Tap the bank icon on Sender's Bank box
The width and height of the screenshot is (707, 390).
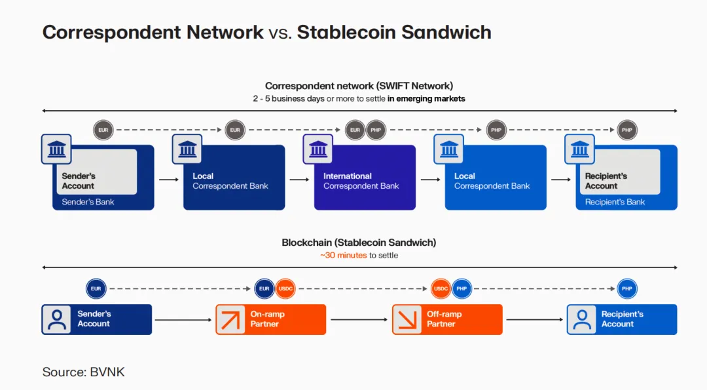(56, 149)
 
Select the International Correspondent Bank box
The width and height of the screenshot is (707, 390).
(365, 178)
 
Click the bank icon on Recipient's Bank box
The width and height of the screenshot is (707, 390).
(580, 149)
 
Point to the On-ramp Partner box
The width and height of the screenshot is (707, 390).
(271, 319)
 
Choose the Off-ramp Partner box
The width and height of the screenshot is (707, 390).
(447, 319)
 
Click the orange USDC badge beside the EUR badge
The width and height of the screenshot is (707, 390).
(285, 288)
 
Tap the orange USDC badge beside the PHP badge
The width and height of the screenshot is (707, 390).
(441, 288)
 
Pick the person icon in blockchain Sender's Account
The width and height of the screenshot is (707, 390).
(57, 320)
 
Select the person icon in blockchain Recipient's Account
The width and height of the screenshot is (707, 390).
(581, 320)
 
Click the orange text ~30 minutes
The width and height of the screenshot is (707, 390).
(344, 255)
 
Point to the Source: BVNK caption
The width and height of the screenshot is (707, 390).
(83, 372)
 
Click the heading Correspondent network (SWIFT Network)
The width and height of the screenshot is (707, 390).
(359, 86)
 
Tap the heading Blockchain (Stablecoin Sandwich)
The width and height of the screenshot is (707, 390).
(359, 243)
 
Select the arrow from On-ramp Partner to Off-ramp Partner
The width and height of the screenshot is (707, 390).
(359, 320)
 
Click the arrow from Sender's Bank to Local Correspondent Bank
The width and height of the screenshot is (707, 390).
(168, 178)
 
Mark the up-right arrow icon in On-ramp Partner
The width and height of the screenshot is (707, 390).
(230, 320)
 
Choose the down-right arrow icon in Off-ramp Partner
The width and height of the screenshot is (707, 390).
(407, 320)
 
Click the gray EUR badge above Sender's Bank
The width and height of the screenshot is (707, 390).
(103, 130)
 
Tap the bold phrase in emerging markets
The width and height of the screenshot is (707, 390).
(426, 98)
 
